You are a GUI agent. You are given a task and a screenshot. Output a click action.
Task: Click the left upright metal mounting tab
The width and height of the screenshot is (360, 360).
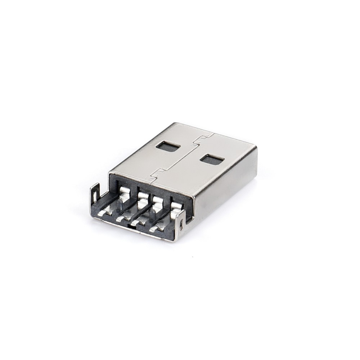(95, 194)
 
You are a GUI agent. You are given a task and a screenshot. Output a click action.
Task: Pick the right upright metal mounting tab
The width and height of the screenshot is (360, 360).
(181, 224)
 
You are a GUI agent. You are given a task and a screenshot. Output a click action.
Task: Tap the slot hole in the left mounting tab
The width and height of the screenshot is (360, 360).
(94, 196)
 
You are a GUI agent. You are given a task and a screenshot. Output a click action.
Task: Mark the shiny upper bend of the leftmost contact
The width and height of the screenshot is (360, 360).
(125, 191)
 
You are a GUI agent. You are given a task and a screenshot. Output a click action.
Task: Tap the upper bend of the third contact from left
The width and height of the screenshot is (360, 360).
(157, 200)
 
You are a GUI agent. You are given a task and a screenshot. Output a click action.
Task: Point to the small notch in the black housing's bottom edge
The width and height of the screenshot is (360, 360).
(129, 225)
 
